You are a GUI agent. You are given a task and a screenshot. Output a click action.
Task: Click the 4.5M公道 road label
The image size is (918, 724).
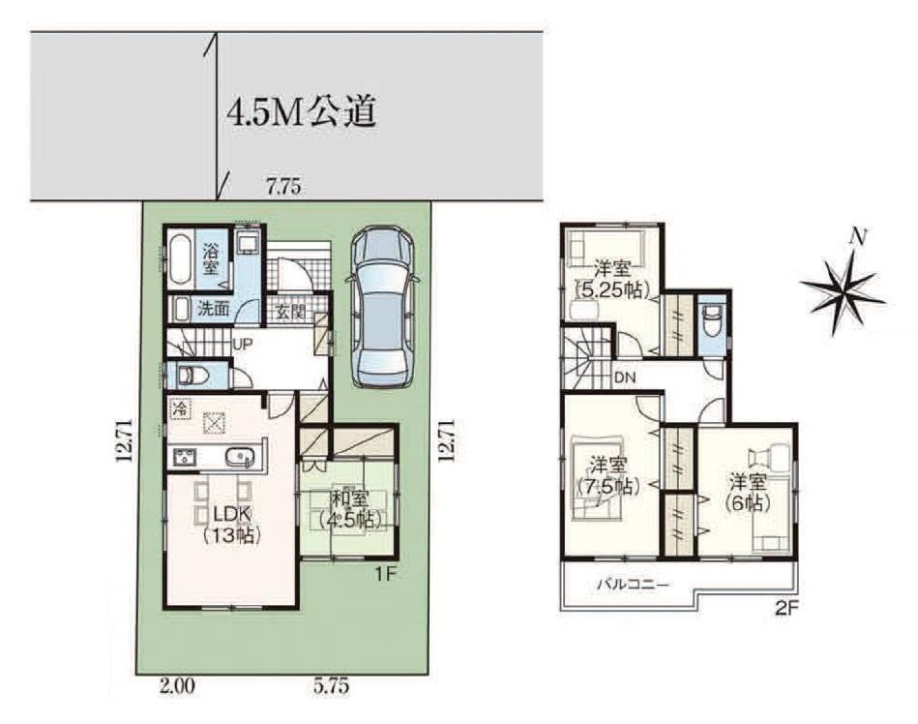tap(300, 110)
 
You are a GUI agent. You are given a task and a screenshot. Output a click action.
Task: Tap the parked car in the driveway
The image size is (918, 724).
tap(382, 307)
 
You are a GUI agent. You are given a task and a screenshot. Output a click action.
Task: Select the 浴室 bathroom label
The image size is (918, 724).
tap(211, 259)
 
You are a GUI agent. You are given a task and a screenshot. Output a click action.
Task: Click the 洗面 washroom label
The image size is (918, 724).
tap(213, 308)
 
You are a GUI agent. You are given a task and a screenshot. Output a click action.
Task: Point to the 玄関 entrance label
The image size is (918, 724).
tap(291, 312)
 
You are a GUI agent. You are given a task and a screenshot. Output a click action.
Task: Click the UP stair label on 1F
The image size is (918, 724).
tap(243, 345)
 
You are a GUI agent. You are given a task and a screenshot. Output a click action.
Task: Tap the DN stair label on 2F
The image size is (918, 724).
tap(625, 377)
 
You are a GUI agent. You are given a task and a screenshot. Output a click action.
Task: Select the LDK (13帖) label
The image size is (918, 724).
tap(231, 525)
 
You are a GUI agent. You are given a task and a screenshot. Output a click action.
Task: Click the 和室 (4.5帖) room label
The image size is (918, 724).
tap(349, 508)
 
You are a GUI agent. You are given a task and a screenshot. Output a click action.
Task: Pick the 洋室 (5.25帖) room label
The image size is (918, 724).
tap(612, 280)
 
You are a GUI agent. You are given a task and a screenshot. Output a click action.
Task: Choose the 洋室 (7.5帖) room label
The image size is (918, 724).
tap(608, 476)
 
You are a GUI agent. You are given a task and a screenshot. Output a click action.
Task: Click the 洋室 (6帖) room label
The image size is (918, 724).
tap(748, 493)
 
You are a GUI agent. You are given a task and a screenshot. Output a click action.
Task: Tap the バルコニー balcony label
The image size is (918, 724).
tap(633, 584)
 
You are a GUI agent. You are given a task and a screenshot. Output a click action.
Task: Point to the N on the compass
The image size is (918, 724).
tap(858, 235)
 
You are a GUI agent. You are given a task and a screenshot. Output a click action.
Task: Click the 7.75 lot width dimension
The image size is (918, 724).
tap(284, 188)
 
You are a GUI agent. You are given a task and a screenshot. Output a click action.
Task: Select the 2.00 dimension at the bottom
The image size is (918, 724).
tap(177, 686)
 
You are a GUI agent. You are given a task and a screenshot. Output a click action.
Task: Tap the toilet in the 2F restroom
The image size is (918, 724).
tap(712, 320)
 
